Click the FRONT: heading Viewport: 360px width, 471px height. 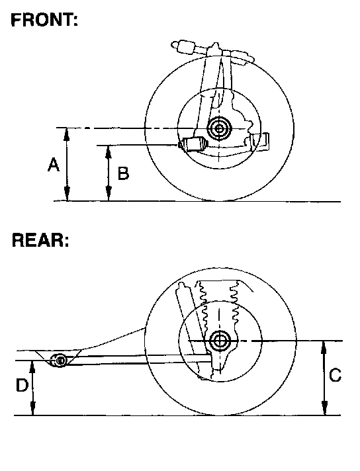point(44,21)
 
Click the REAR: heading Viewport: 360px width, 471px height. point(40,240)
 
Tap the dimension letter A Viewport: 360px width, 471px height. point(54,165)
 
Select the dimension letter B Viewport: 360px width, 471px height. point(123,173)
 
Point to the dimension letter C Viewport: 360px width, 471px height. point(335,375)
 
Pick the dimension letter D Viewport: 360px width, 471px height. point(22,385)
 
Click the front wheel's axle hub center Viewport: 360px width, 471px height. point(219,128)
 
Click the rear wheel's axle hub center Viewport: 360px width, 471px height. point(220,341)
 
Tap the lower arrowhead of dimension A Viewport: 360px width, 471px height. point(67,194)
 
